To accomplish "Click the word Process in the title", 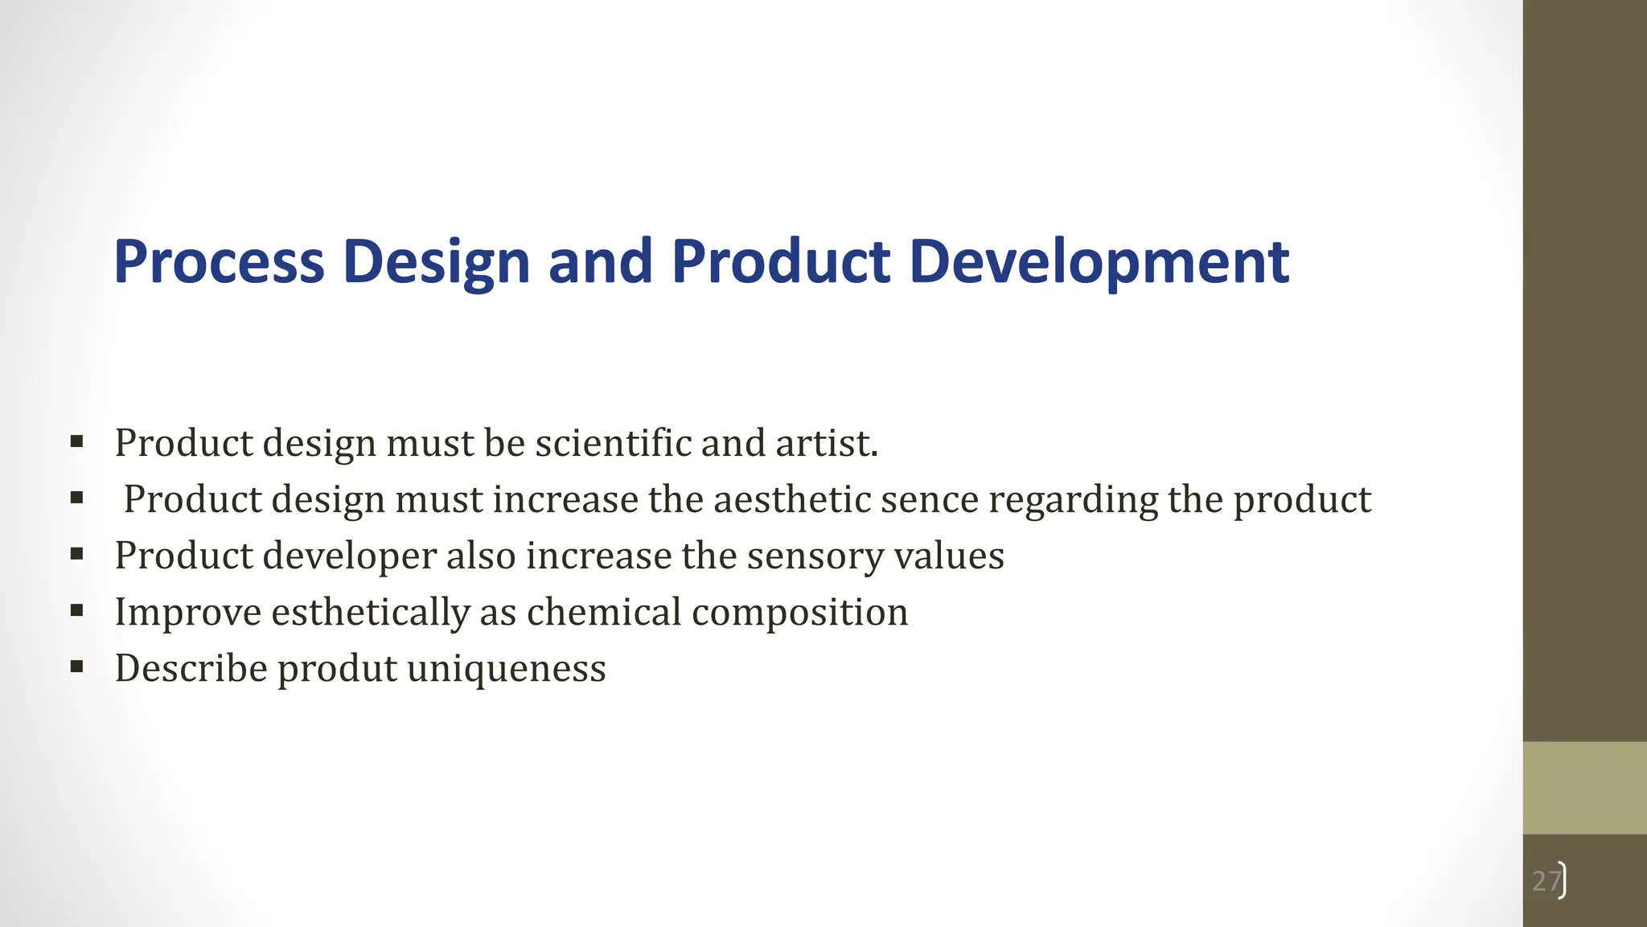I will (219, 262).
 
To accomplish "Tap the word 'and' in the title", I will (600, 262).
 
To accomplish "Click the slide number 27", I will (1546, 881).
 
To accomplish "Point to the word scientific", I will (613, 443).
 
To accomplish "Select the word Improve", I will (188, 613).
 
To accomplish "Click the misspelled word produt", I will (337, 669).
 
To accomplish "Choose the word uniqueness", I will (506, 669).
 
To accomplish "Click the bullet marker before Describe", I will (76, 667).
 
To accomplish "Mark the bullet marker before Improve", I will (76, 610).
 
